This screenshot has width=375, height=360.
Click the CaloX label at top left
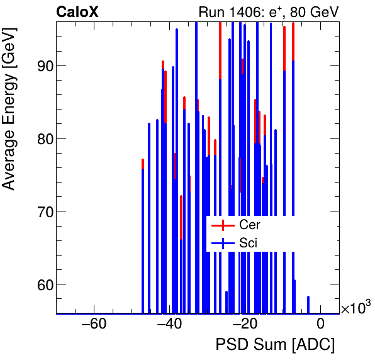(x=76, y=11)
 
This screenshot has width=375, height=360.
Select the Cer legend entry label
(x=249, y=225)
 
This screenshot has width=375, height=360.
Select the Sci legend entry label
(x=248, y=243)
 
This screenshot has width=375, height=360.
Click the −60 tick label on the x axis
(x=94, y=324)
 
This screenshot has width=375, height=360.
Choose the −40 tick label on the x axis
(x=169, y=324)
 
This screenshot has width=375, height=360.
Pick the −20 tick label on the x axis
(x=245, y=324)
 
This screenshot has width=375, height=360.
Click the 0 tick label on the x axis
(x=320, y=324)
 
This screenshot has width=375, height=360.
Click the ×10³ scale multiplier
(x=355, y=308)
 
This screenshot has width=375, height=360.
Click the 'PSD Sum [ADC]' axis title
(x=275, y=345)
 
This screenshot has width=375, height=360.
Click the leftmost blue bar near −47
(x=143, y=239)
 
